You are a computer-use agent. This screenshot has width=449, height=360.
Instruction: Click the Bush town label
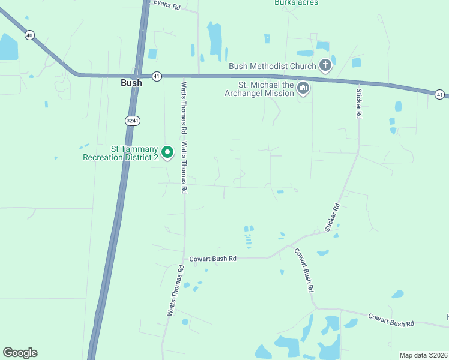pos(131,83)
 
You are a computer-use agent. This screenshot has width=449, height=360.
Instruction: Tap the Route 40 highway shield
pos(29,35)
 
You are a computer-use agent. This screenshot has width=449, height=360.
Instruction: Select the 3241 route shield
pos(132,121)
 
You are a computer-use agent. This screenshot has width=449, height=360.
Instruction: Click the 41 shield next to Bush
pos(157,76)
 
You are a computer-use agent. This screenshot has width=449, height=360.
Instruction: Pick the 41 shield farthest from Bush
pos(440,95)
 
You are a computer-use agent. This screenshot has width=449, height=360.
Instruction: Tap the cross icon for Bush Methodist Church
pos(325,65)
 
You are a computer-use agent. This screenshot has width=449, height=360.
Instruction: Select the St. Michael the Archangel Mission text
pos(259,89)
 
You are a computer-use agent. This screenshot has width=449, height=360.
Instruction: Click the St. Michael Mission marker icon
pos(303,89)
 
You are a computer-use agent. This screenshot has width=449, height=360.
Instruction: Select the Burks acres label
pos(296,3)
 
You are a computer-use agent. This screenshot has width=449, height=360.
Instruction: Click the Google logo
pos(20,353)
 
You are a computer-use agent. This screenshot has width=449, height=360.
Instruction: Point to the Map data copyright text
pos(424,355)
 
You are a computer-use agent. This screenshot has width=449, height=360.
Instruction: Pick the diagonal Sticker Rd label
pos(333,217)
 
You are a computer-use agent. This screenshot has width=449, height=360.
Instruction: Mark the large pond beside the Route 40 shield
pos(8,47)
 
